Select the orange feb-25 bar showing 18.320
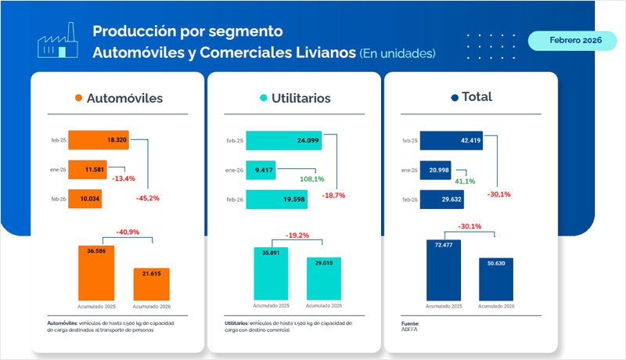[97, 140]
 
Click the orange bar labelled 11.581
[86, 170]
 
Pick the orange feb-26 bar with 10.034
[85, 199]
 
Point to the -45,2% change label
[147, 198]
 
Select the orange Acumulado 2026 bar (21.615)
[146, 283]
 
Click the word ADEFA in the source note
[409, 329]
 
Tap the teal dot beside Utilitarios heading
[264, 99]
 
